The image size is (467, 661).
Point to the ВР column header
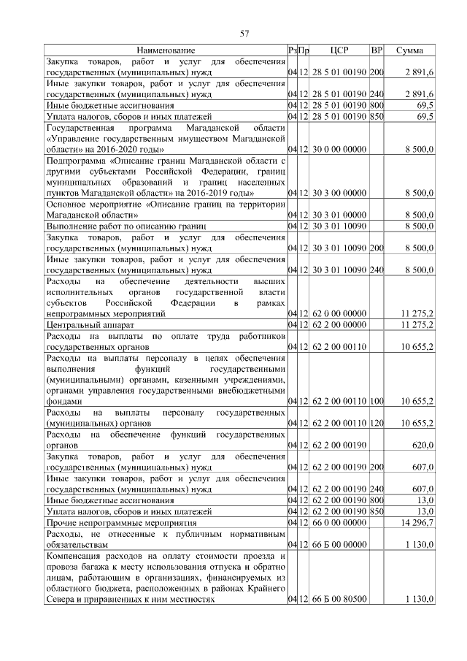point(377,50)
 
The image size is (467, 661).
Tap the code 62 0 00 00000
point(338,313)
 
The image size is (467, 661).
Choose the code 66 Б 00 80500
point(338,599)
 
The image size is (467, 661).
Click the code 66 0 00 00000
point(338,523)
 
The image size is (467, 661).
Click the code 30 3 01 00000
point(338,215)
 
